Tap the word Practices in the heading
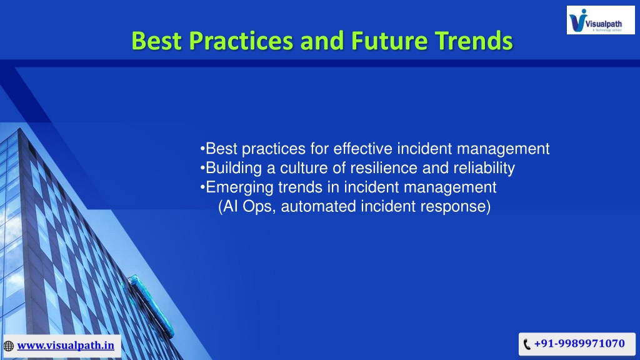[x=241, y=41]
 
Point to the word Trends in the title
[x=474, y=41]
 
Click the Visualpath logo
[x=601, y=20]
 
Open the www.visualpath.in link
[x=66, y=345]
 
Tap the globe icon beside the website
[x=9, y=346]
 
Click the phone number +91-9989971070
[x=579, y=344]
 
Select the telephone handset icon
[x=527, y=344]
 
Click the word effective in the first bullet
[x=363, y=149]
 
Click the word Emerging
[x=239, y=187]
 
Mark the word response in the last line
[x=456, y=207]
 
